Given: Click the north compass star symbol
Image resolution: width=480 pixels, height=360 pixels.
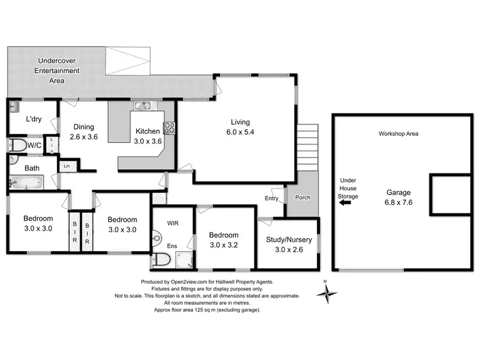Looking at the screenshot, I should tap(328, 294).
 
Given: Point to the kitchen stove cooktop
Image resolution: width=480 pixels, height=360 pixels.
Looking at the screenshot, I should tap(170, 127).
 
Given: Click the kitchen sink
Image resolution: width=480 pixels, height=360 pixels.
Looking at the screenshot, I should tap(142, 106).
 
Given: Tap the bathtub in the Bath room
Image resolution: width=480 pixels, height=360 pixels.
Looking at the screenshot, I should tap(24, 184).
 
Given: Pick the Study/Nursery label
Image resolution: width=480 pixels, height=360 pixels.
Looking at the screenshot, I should tap(289, 245).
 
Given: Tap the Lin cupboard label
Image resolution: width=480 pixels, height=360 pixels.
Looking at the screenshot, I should tap(67, 167).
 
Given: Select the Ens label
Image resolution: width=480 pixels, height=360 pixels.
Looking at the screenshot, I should tap(172, 246).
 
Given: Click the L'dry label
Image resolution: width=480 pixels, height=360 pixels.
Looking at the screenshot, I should tap(34, 119).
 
